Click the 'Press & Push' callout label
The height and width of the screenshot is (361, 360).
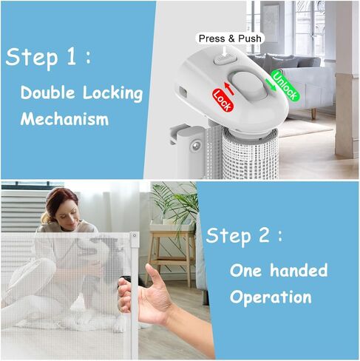229,38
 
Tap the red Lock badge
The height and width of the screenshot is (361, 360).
223,96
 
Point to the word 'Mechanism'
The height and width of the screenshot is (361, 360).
64,118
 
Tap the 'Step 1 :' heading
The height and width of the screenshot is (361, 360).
49,58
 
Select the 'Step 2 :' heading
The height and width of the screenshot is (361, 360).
244,236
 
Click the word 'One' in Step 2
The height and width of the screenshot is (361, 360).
246,270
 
